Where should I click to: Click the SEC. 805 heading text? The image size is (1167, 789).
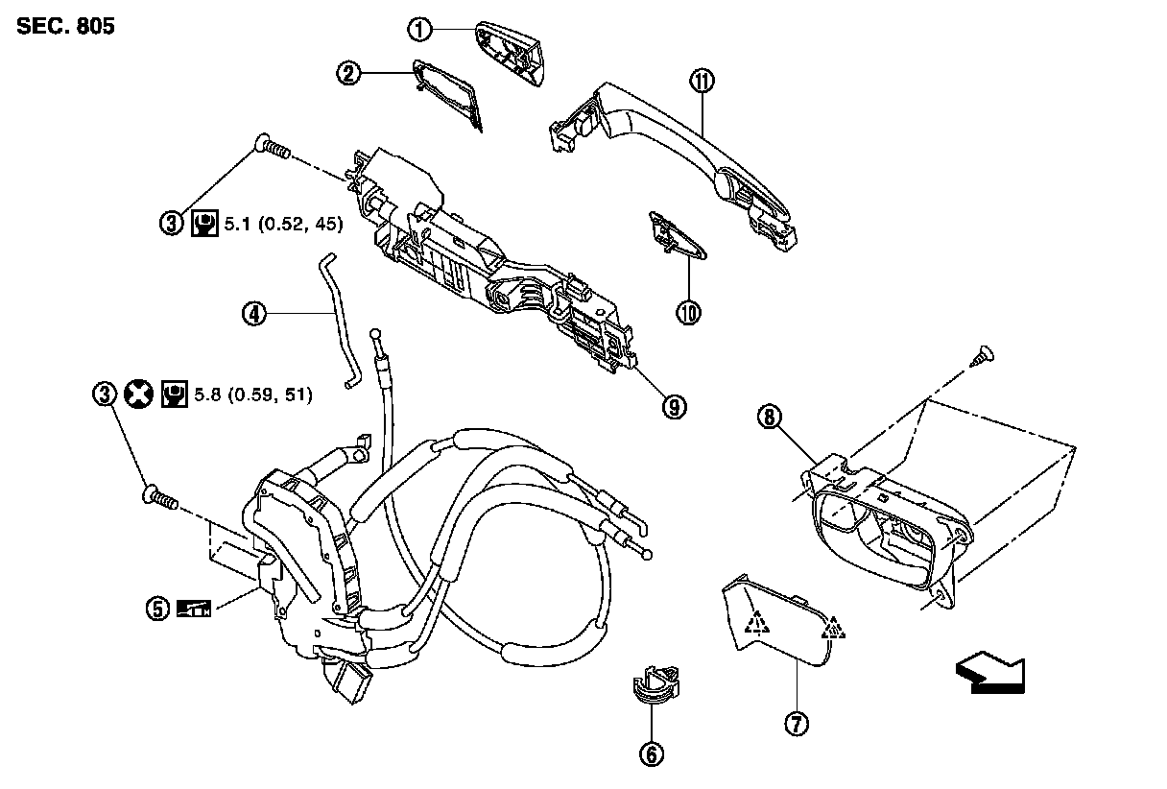tap(65, 27)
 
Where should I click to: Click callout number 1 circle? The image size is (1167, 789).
tap(419, 29)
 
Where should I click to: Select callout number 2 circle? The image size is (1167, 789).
tap(349, 72)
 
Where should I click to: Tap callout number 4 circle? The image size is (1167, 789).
tap(253, 313)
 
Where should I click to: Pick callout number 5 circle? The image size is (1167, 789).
tap(157, 607)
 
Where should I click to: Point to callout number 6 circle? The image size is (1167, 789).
tap(652, 754)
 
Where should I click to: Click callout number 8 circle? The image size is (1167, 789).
tap(770, 416)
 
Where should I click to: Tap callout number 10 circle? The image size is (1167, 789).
tap(688, 312)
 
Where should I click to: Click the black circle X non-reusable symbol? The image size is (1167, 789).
tap(140, 394)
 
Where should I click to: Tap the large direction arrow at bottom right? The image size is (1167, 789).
tap(989, 672)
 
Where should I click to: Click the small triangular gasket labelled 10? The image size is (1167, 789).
tap(679, 235)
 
